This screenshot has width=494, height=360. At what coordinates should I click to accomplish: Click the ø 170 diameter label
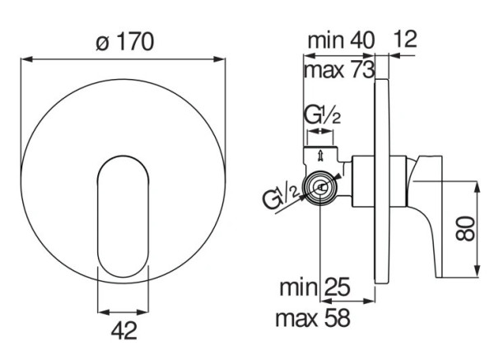tap(125, 42)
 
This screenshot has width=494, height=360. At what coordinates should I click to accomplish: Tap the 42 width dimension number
tap(124, 330)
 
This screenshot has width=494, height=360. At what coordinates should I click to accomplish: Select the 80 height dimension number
tap(466, 228)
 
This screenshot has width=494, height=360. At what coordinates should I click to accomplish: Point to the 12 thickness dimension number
tap(405, 39)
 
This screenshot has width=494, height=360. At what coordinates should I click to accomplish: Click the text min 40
tap(341, 40)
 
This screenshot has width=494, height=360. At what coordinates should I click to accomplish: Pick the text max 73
tap(339, 70)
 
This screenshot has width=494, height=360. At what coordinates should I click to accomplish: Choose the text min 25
tap(315, 287)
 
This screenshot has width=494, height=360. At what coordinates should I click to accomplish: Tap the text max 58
tap(313, 318)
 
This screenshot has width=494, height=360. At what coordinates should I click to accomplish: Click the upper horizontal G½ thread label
tap(322, 116)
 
